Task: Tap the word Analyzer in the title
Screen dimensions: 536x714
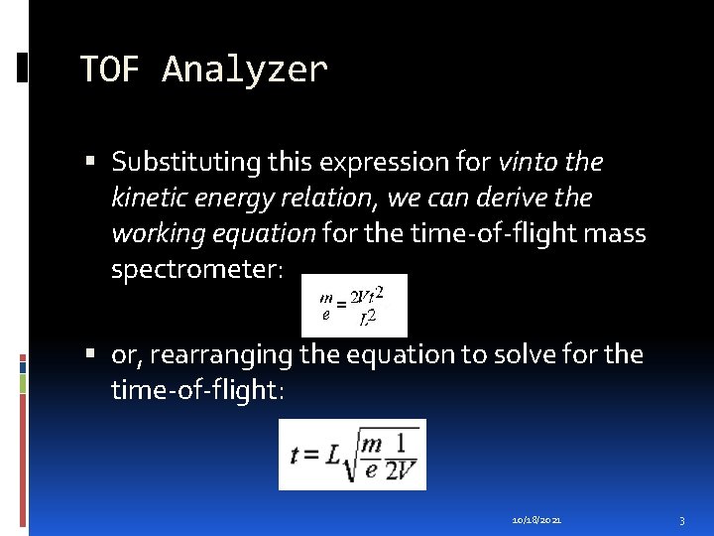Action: click(x=244, y=70)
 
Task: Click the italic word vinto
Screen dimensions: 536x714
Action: click(x=535, y=162)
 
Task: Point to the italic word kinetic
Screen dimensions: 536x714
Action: click(x=153, y=199)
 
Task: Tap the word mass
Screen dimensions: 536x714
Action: click(x=615, y=234)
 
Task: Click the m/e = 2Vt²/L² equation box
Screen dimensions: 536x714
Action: click(x=353, y=305)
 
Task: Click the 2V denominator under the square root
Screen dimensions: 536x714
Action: click(x=401, y=470)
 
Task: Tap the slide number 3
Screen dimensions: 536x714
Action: click(x=682, y=519)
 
